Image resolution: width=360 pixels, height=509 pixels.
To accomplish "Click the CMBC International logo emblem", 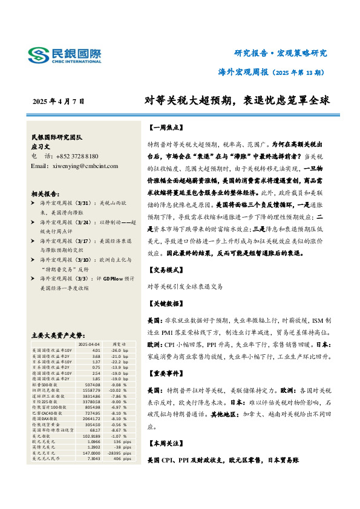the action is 38,56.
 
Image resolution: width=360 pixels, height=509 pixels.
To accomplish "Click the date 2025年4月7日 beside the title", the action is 58,101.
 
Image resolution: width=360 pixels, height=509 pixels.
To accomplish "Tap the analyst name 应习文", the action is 42,146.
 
